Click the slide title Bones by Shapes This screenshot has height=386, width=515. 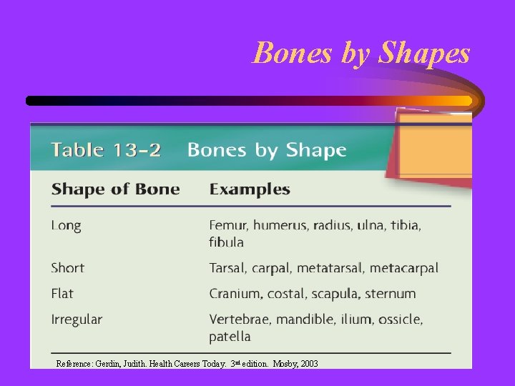pos(361,53)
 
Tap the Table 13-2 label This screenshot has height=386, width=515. pos(106,151)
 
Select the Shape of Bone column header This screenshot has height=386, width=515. pos(115,189)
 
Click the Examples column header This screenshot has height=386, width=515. pos(249,189)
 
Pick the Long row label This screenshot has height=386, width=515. pos(67,226)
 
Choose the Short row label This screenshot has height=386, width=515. pos(68,268)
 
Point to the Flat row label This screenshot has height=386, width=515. pos(62,293)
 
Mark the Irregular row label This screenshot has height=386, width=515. pos(77,320)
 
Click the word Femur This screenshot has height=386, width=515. pos(227,226)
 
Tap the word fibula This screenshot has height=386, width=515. pos(226,242)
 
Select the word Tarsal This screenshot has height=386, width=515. pos(227,268)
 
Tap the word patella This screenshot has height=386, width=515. pos(230,336)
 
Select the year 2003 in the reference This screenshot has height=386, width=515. pos(309,364)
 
